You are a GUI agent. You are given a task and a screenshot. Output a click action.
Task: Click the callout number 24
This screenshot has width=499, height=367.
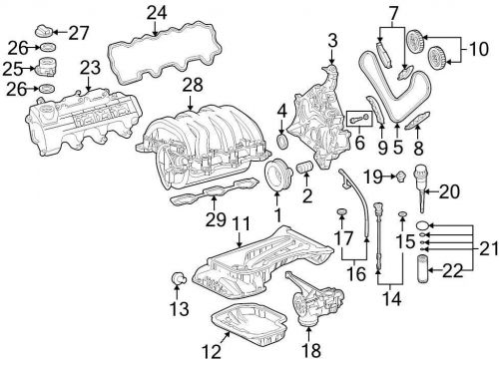(157, 13)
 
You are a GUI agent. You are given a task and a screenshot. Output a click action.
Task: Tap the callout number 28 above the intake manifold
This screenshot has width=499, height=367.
(193, 85)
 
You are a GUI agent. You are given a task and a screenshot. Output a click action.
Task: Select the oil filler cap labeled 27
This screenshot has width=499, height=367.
(44, 31)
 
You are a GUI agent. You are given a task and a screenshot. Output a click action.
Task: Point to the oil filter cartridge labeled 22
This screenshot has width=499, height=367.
(423, 268)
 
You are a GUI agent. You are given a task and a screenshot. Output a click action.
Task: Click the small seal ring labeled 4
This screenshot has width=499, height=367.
(282, 141)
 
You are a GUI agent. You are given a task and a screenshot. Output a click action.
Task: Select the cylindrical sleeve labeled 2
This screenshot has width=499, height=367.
(304, 166)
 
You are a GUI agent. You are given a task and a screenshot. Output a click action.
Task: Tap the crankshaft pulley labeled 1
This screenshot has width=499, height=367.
(276, 175)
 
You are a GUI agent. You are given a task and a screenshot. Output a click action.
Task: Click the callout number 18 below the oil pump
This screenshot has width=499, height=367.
(311, 350)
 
